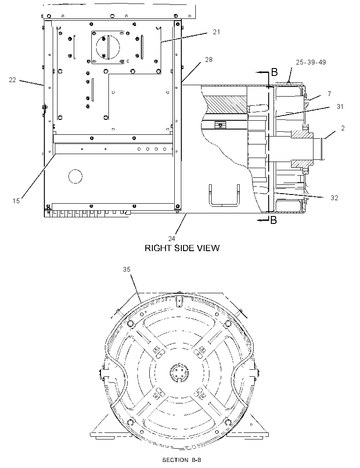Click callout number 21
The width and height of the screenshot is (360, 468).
tap(216, 32)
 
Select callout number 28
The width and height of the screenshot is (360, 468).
tap(209, 60)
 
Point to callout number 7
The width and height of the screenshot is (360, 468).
tap(329, 94)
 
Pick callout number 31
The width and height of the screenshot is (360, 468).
tap(340, 107)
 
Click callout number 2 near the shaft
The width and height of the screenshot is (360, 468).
tap(343, 128)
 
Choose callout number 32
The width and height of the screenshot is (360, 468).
tap(334, 198)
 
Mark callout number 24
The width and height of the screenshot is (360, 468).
tap(171, 238)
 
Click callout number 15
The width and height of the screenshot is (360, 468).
tap(16, 201)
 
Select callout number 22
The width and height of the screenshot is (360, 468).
tap(12, 80)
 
